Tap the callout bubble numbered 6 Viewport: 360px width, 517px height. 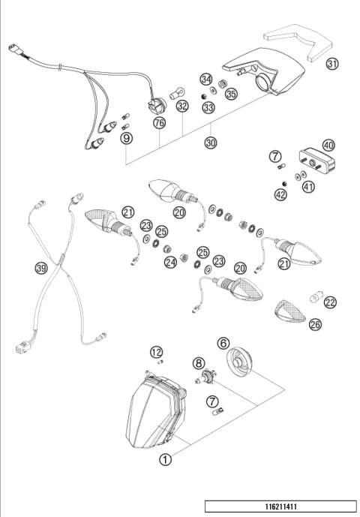tap(222, 342)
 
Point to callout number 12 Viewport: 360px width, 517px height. tap(156, 353)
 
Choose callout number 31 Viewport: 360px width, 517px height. tap(331, 64)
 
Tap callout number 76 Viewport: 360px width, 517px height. tap(158, 122)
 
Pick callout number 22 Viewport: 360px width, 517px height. tap(330, 302)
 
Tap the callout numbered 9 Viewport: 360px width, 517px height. tap(126, 137)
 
